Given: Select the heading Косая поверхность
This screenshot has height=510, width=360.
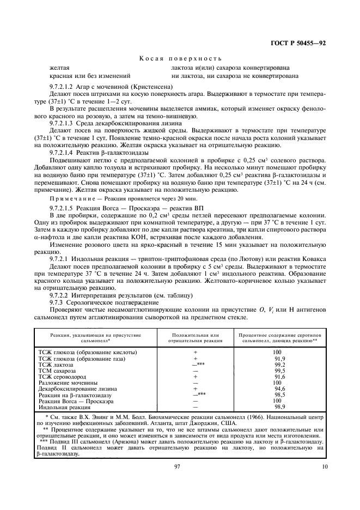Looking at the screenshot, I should point(180,58).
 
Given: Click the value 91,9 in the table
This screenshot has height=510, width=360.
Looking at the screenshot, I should point(280,359).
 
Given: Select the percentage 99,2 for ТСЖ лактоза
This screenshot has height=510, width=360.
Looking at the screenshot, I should point(280,365).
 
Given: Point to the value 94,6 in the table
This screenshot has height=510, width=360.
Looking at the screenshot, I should point(280,389).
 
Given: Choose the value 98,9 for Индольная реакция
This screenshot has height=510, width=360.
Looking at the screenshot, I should point(280,407).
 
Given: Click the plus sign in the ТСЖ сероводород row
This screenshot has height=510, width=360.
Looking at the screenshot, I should point(194,377).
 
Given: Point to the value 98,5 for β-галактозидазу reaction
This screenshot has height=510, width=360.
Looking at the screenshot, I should point(280,395).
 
